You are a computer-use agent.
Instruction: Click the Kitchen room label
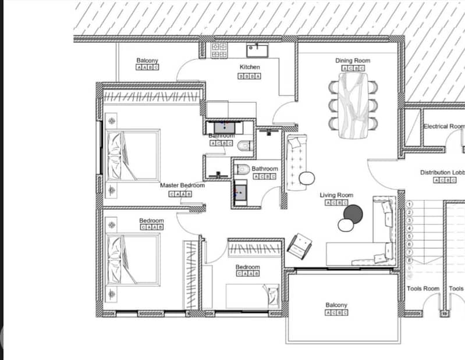coord(250,67)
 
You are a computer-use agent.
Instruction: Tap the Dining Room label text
coord(352,60)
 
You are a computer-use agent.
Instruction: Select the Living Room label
coord(336,195)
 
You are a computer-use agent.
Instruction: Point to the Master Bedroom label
coord(182,186)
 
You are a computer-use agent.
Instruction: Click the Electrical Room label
coord(443,126)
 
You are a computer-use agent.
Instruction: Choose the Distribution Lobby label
coord(442,173)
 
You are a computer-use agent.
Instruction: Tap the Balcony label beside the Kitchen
coord(147,60)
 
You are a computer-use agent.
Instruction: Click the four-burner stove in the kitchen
coord(219,50)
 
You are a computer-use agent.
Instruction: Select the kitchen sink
coord(257,51)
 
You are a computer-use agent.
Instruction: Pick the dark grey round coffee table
coord(352,214)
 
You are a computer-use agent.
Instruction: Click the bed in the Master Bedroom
coord(133,155)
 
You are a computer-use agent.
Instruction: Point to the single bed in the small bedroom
coord(253,295)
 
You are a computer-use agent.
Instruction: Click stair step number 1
coord(409,204)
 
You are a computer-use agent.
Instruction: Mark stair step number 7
coord(409,252)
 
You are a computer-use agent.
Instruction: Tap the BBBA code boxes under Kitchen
coord(250,76)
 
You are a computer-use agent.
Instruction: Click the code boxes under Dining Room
coord(352,68)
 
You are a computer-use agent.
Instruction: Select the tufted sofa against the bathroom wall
coord(297,162)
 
